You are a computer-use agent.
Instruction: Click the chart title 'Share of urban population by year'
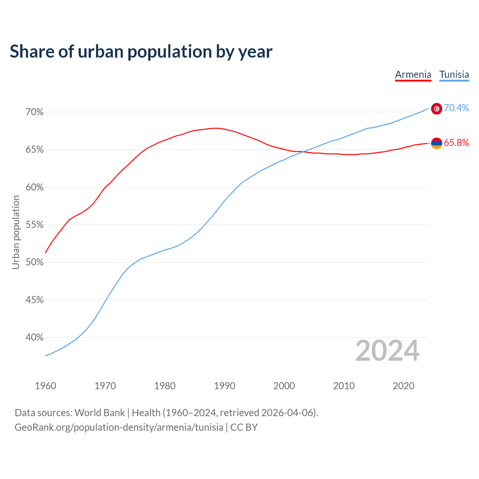tap(141, 52)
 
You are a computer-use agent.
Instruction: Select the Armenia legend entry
tap(413, 74)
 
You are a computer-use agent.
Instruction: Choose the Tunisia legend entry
tap(454, 74)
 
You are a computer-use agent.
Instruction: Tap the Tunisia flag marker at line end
tap(437, 109)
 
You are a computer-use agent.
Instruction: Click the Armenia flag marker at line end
tap(437, 143)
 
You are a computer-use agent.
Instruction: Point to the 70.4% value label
tap(456, 108)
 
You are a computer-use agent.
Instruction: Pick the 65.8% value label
tap(456, 143)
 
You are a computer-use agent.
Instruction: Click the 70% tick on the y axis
tap(35, 112)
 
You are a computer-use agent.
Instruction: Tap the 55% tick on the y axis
tap(35, 225)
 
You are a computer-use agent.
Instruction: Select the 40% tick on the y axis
tap(35, 338)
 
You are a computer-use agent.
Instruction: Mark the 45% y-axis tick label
tap(35, 300)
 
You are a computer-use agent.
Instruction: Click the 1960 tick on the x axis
tap(45, 386)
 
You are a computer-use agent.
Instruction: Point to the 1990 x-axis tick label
tap(225, 386)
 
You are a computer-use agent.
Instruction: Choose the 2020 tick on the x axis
tap(403, 386)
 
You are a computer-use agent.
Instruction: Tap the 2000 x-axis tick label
tap(284, 386)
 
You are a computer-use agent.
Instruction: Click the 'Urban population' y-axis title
tap(16, 232)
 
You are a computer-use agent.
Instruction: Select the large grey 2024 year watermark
tap(387, 351)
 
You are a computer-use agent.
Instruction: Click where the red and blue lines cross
tap(302, 152)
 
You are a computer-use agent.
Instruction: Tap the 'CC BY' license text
tap(244, 427)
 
